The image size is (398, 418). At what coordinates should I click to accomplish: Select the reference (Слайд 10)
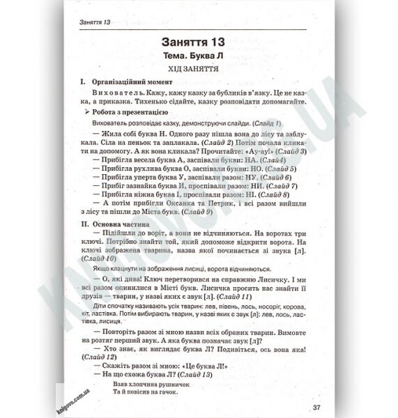coord(97,258)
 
